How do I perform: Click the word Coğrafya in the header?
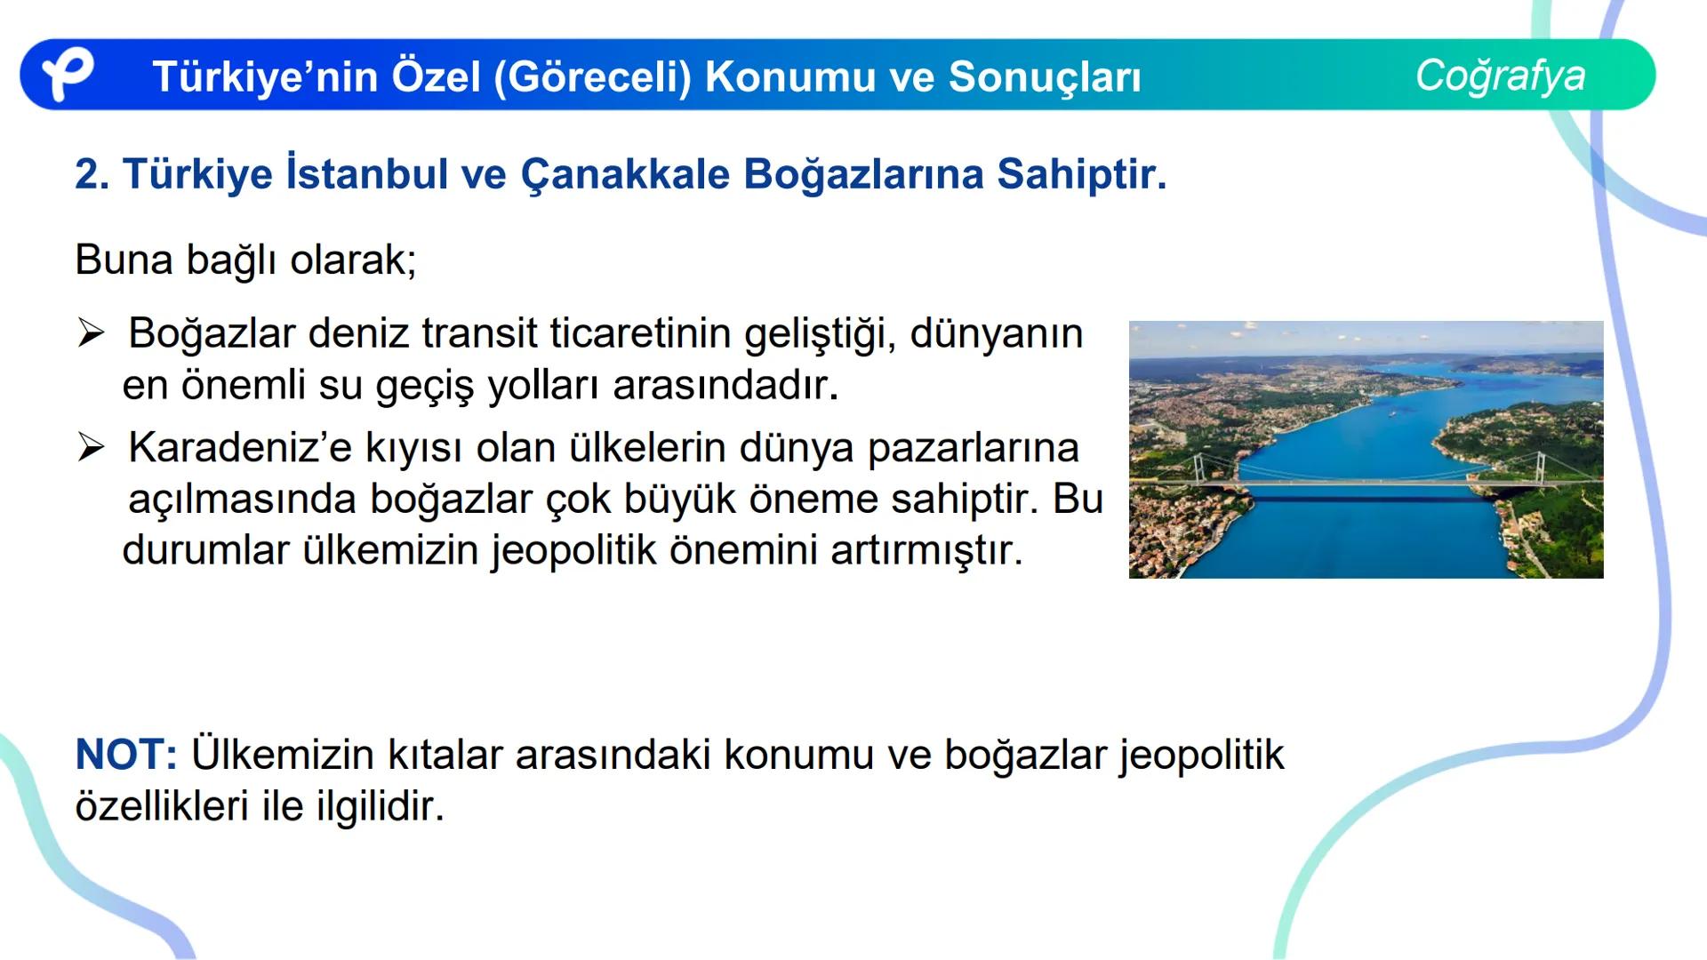pos(1500,76)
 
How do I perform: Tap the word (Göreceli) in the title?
pos(592,76)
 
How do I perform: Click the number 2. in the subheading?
pos(92,174)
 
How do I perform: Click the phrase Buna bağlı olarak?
pos(245,260)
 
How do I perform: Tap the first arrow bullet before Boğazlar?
pos(91,333)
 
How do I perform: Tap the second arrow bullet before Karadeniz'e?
pos(91,447)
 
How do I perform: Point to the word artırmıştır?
pos(926,550)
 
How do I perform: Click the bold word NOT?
pos(126,755)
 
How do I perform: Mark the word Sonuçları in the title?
pos(1045,76)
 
